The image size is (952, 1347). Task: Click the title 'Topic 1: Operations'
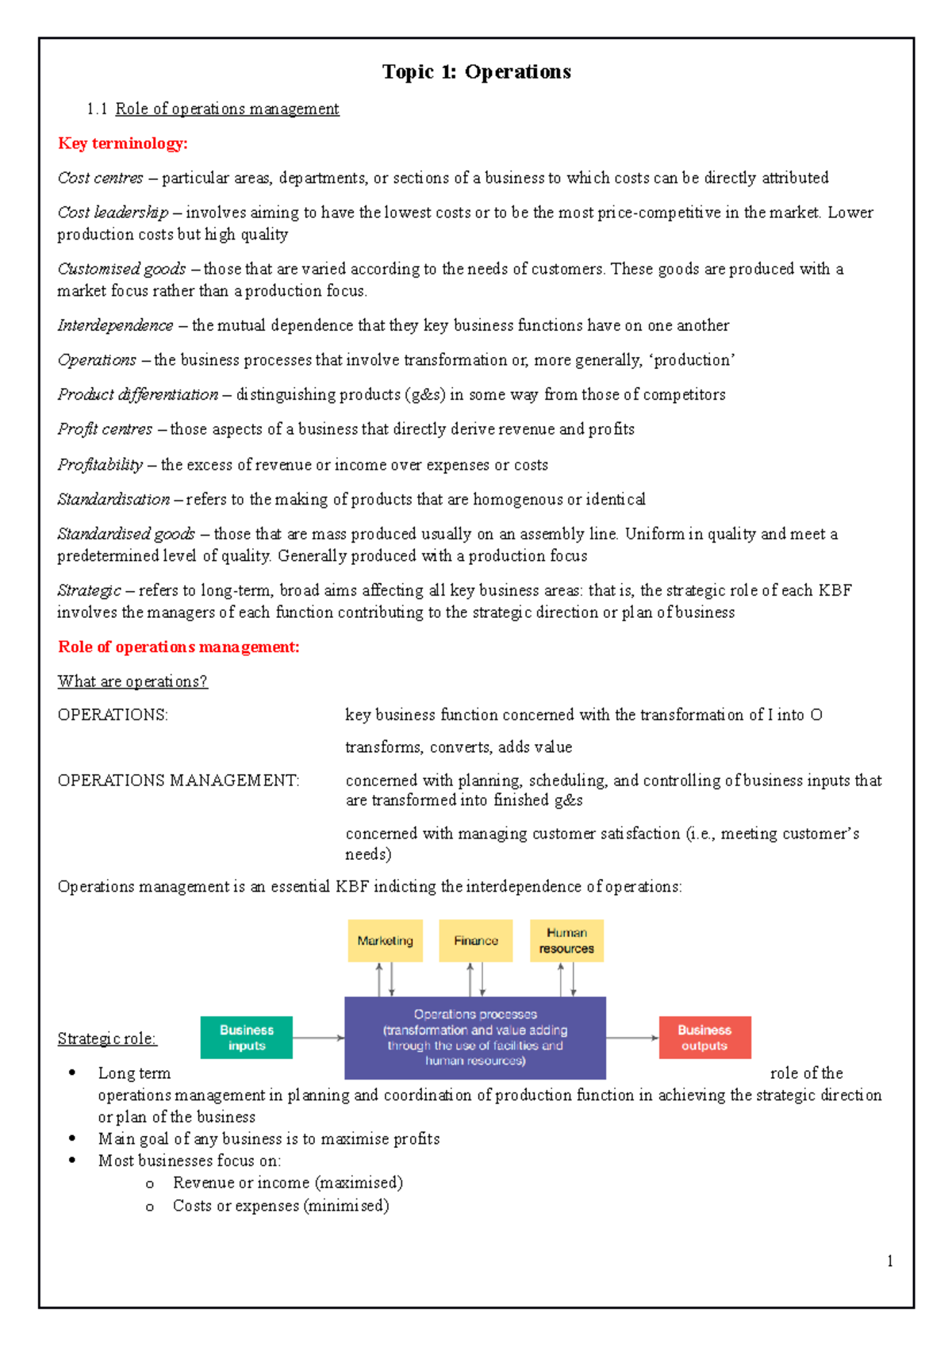(476, 72)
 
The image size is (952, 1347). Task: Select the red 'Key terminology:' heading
(123, 144)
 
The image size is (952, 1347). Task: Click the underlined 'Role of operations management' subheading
(227, 109)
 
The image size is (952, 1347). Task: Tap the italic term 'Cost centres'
(101, 178)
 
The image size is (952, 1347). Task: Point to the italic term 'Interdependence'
(115, 325)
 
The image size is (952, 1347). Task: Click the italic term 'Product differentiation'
(138, 394)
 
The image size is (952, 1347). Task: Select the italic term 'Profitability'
(100, 465)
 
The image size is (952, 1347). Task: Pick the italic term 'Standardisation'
(113, 500)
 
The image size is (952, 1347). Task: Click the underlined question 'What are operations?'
(132, 681)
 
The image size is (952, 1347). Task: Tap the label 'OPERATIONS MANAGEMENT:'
(178, 781)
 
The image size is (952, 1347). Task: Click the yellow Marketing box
(385, 941)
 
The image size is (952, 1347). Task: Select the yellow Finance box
(476, 941)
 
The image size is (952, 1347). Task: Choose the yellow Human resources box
(566, 941)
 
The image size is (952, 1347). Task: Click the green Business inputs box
(247, 1038)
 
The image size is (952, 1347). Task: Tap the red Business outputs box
(704, 1038)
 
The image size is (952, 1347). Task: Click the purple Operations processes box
(475, 1038)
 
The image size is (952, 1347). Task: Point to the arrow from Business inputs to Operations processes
(318, 1038)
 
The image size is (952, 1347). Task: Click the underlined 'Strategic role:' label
(107, 1039)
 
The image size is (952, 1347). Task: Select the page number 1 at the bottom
(890, 1261)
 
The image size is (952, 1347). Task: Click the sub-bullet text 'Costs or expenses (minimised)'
(281, 1206)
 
